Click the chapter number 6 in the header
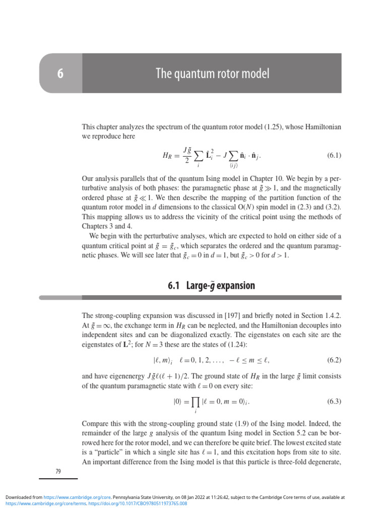coord(60,74)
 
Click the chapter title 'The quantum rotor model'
coord(212,74)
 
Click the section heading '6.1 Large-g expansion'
coord(211,286)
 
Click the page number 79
coord(58,471)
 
